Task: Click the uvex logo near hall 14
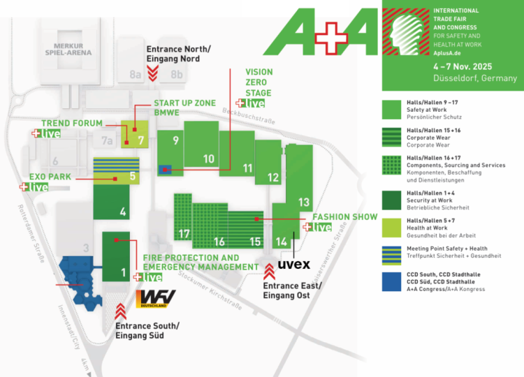(x=293, y=265)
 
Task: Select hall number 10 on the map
(x=208, y=158)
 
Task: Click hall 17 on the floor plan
(x=184, y=232)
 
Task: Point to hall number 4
(x=122, y=212)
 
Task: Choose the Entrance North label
(x=177, y=54)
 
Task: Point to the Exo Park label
(x=51, y=177)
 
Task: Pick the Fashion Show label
(x=344, y=216)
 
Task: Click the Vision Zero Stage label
(x=259, y=82)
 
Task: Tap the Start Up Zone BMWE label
(x=184, y=107)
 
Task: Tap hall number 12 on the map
(x=272, y=177)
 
